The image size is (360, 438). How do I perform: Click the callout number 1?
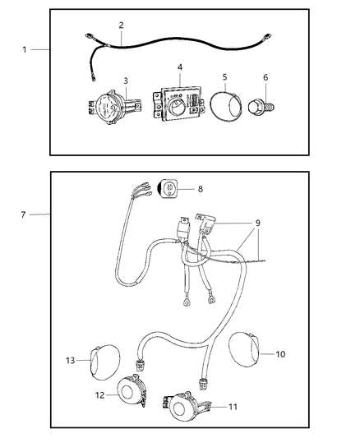[25, 49]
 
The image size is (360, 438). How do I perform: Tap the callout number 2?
[121, 25]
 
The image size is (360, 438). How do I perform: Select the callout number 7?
[25, 214]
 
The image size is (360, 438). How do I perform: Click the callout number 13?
[70, 359]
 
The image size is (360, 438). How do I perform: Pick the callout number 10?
[280, 354]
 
